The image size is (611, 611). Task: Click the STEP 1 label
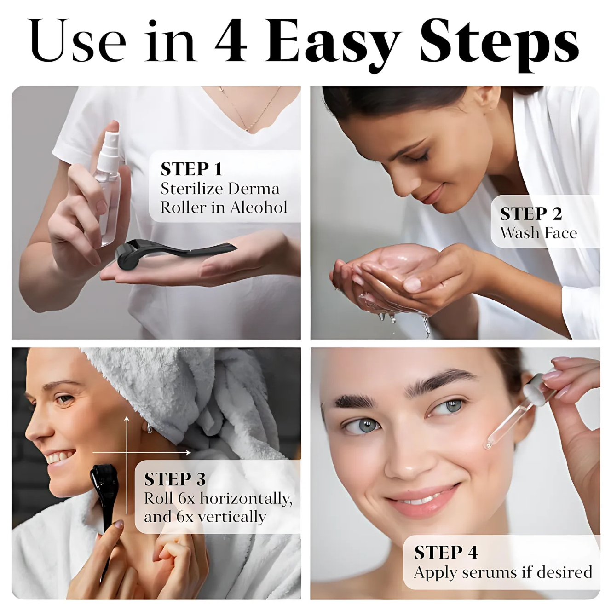(191, 169)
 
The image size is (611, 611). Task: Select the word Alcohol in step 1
(259, 207)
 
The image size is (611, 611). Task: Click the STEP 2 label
(531, 213)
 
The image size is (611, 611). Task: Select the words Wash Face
(538, 233)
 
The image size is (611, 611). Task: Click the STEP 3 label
(175, 479)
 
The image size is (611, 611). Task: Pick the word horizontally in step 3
(246, 499)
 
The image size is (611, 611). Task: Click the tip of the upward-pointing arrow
(127, 417)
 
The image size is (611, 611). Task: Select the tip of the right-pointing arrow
(190, 453)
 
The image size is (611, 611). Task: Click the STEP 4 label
(446, 553)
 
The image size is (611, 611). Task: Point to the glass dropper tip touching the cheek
(487, 447)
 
